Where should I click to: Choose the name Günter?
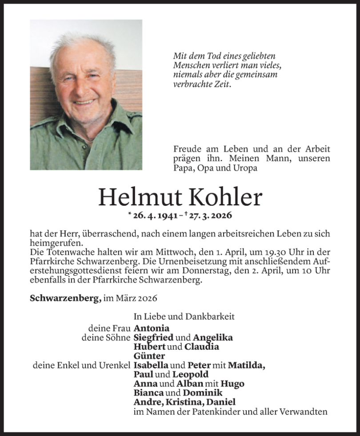coord(149,356)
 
